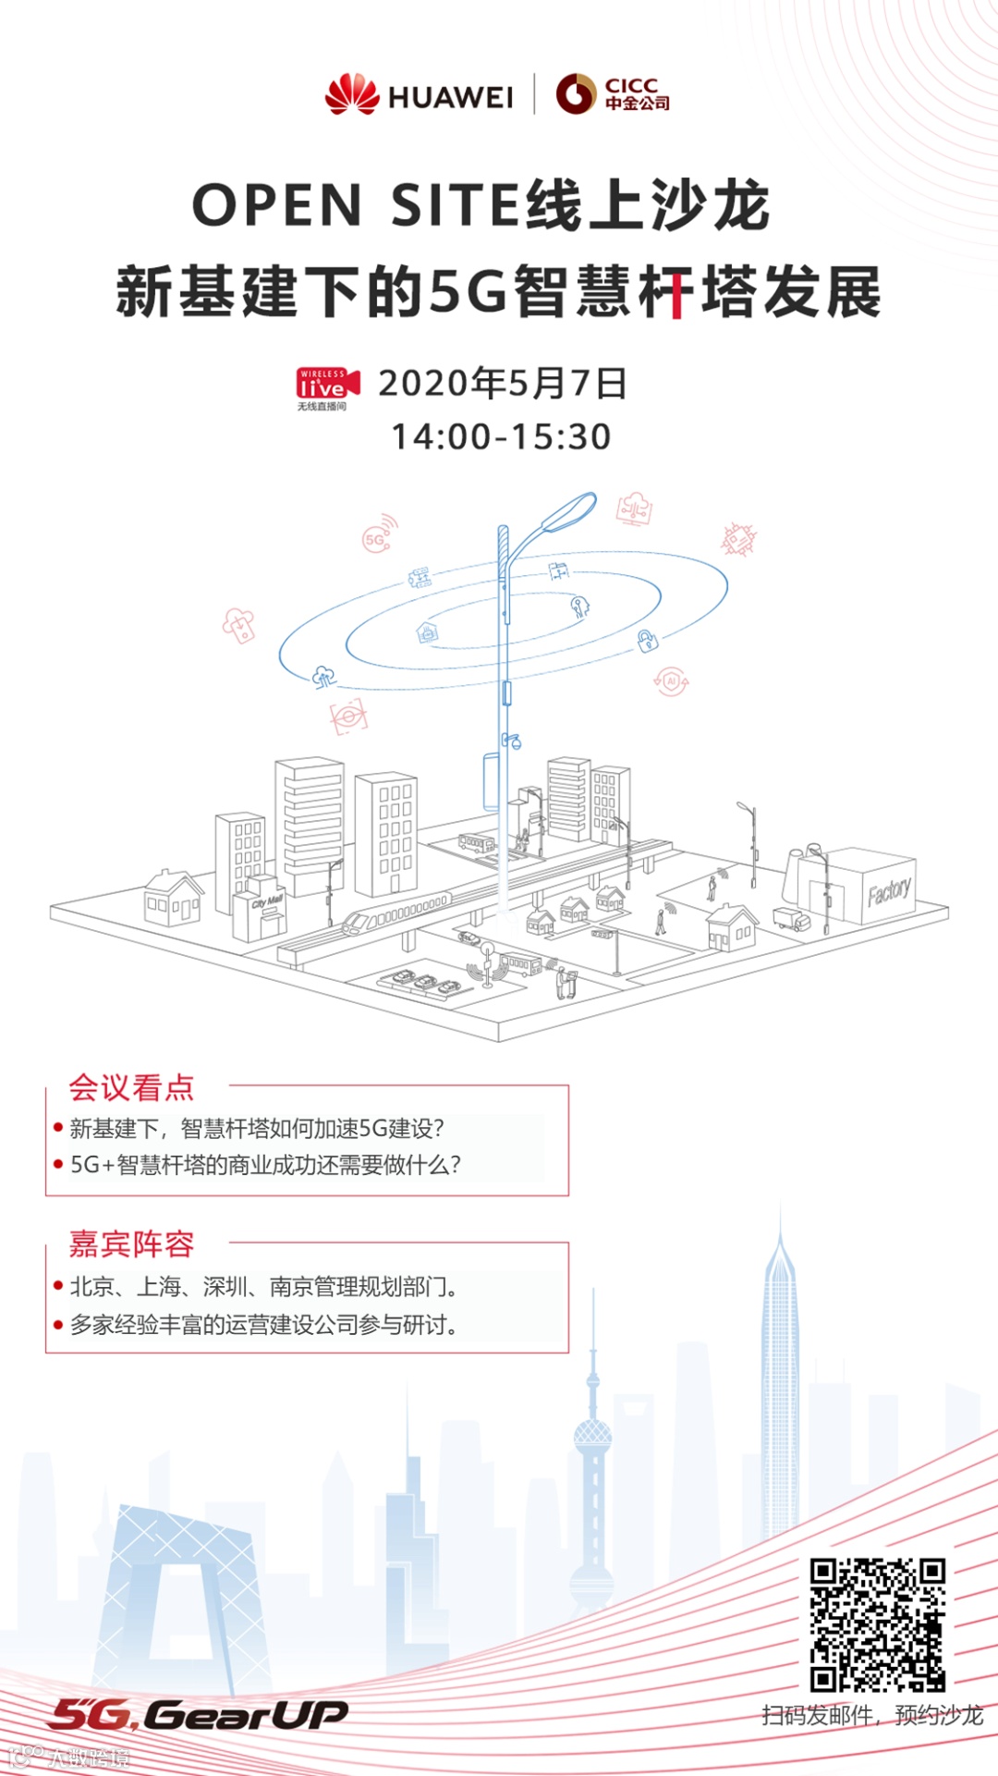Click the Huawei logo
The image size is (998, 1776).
pyautogui.click(x=419, y=94)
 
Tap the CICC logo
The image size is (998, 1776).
pyautogui.click(x=613, y=94)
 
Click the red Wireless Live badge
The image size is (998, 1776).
pyautogui.click(x=325, y=386)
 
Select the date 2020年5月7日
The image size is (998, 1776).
pyautogui.click(x=503, y=383)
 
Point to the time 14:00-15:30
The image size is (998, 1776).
pyautogui.click(x=501, y=436)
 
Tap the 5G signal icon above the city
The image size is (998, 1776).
pyautogui.click(x=379, y=535)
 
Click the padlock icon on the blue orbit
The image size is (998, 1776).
pyautogui.click(x=648, y=640)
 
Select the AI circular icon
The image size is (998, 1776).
pyautogui.click(x=672, y=681)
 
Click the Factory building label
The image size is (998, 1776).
pyautogui.click(x=889, y=891)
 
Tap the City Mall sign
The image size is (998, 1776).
pyautogui.click(x=267, y=901)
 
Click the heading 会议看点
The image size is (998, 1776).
pyautogui.click(x=131, y=1087)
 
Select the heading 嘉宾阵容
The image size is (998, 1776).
pyautogui.click(x=131, y=1244)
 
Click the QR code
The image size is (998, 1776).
pyautogui.click(x=877, y=1624)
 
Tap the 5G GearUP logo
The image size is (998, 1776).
pyautogui.click(x=199, y=1715)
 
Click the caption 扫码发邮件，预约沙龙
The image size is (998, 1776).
pyautogui.click(x=872, y=1716)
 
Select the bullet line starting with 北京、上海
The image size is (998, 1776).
pyautogui.click(x=264, y=1286)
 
